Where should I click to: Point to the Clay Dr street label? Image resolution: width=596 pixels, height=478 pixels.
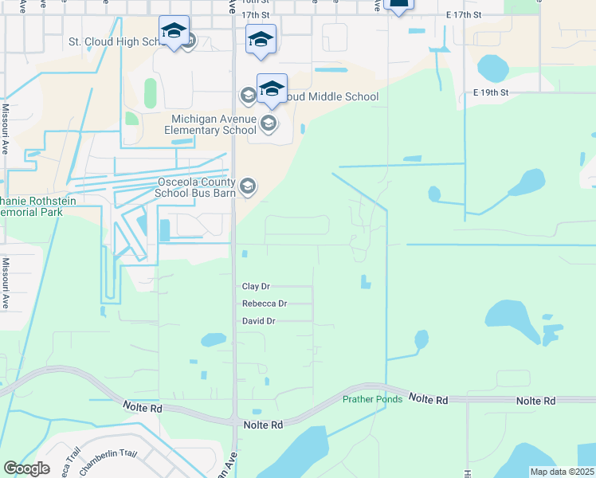point(256,287)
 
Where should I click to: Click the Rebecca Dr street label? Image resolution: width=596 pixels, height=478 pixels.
point(264,304)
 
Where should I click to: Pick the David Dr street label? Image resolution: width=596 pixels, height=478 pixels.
point(258,321)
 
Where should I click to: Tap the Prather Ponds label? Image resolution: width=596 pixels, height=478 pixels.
point(372,399)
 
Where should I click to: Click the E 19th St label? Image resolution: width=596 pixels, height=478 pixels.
point(490,92)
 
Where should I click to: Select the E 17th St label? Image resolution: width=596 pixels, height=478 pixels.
point(464,15)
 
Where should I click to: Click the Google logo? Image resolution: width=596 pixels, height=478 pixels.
point(26,468)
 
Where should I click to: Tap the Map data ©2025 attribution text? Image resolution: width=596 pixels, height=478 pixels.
point(561,472)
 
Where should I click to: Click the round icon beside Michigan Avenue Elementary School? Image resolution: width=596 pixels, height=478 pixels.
point(268,123)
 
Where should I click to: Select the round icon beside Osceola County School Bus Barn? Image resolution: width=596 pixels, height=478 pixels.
point(247,186)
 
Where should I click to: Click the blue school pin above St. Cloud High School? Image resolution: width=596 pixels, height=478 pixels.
point(174,32)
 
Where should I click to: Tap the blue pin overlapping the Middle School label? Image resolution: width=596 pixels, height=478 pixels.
point(272,88)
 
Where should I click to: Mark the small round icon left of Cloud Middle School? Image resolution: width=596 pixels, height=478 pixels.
point(247,96)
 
